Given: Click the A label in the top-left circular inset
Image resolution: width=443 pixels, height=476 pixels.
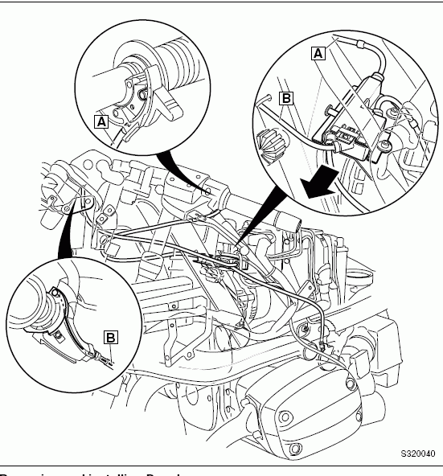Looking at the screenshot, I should (100, 121).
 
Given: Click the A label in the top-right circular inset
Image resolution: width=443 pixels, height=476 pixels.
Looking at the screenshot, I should (318, 53).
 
